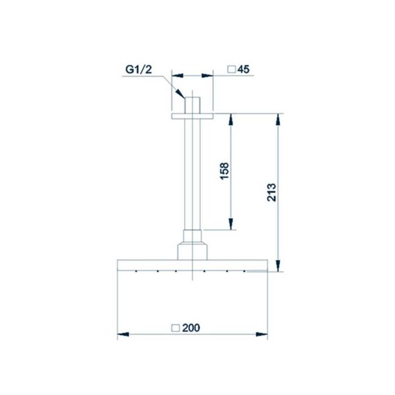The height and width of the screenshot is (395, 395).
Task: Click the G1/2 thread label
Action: (x=138, y=69)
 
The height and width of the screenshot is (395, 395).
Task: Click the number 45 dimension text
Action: (x=244, y=69)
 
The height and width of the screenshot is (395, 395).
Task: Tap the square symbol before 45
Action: (x=232, y=69)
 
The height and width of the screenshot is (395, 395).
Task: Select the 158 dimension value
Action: (x=224, y=171)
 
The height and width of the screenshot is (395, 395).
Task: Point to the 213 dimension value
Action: (x=271, y=192)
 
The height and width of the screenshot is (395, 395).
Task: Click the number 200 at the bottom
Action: (x=191, y=328)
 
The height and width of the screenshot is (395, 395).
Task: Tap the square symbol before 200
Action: (x=176, y=328)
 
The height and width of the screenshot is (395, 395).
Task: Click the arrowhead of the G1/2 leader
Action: (x=180, y=93)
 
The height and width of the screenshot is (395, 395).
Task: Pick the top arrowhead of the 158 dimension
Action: (x=230, y=119)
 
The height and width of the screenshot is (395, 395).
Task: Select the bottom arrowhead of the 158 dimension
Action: (x=230, y=224)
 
